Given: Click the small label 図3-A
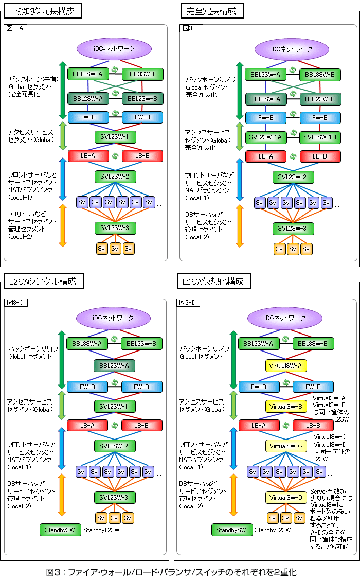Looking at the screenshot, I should click(14, 28).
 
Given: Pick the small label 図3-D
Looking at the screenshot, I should click(188, 302).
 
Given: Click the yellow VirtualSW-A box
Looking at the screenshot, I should click(286, 366).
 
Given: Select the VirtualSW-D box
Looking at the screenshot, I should click(286, 498).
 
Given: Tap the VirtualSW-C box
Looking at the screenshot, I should click(286, 445).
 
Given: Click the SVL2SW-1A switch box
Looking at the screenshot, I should click(264, 137).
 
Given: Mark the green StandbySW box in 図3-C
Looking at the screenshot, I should click(60, 530).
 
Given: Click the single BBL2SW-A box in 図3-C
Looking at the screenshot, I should click(114, 366).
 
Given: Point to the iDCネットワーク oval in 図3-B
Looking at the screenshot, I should click(292, 49).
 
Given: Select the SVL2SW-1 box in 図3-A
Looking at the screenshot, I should click(115, 137).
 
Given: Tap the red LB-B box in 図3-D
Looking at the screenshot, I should click(313, 426).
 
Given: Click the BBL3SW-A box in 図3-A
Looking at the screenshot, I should click(87, 74).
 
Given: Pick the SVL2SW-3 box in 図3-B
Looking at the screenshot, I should click(292, 228).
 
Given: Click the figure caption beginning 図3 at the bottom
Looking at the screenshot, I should click(172, 572).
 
